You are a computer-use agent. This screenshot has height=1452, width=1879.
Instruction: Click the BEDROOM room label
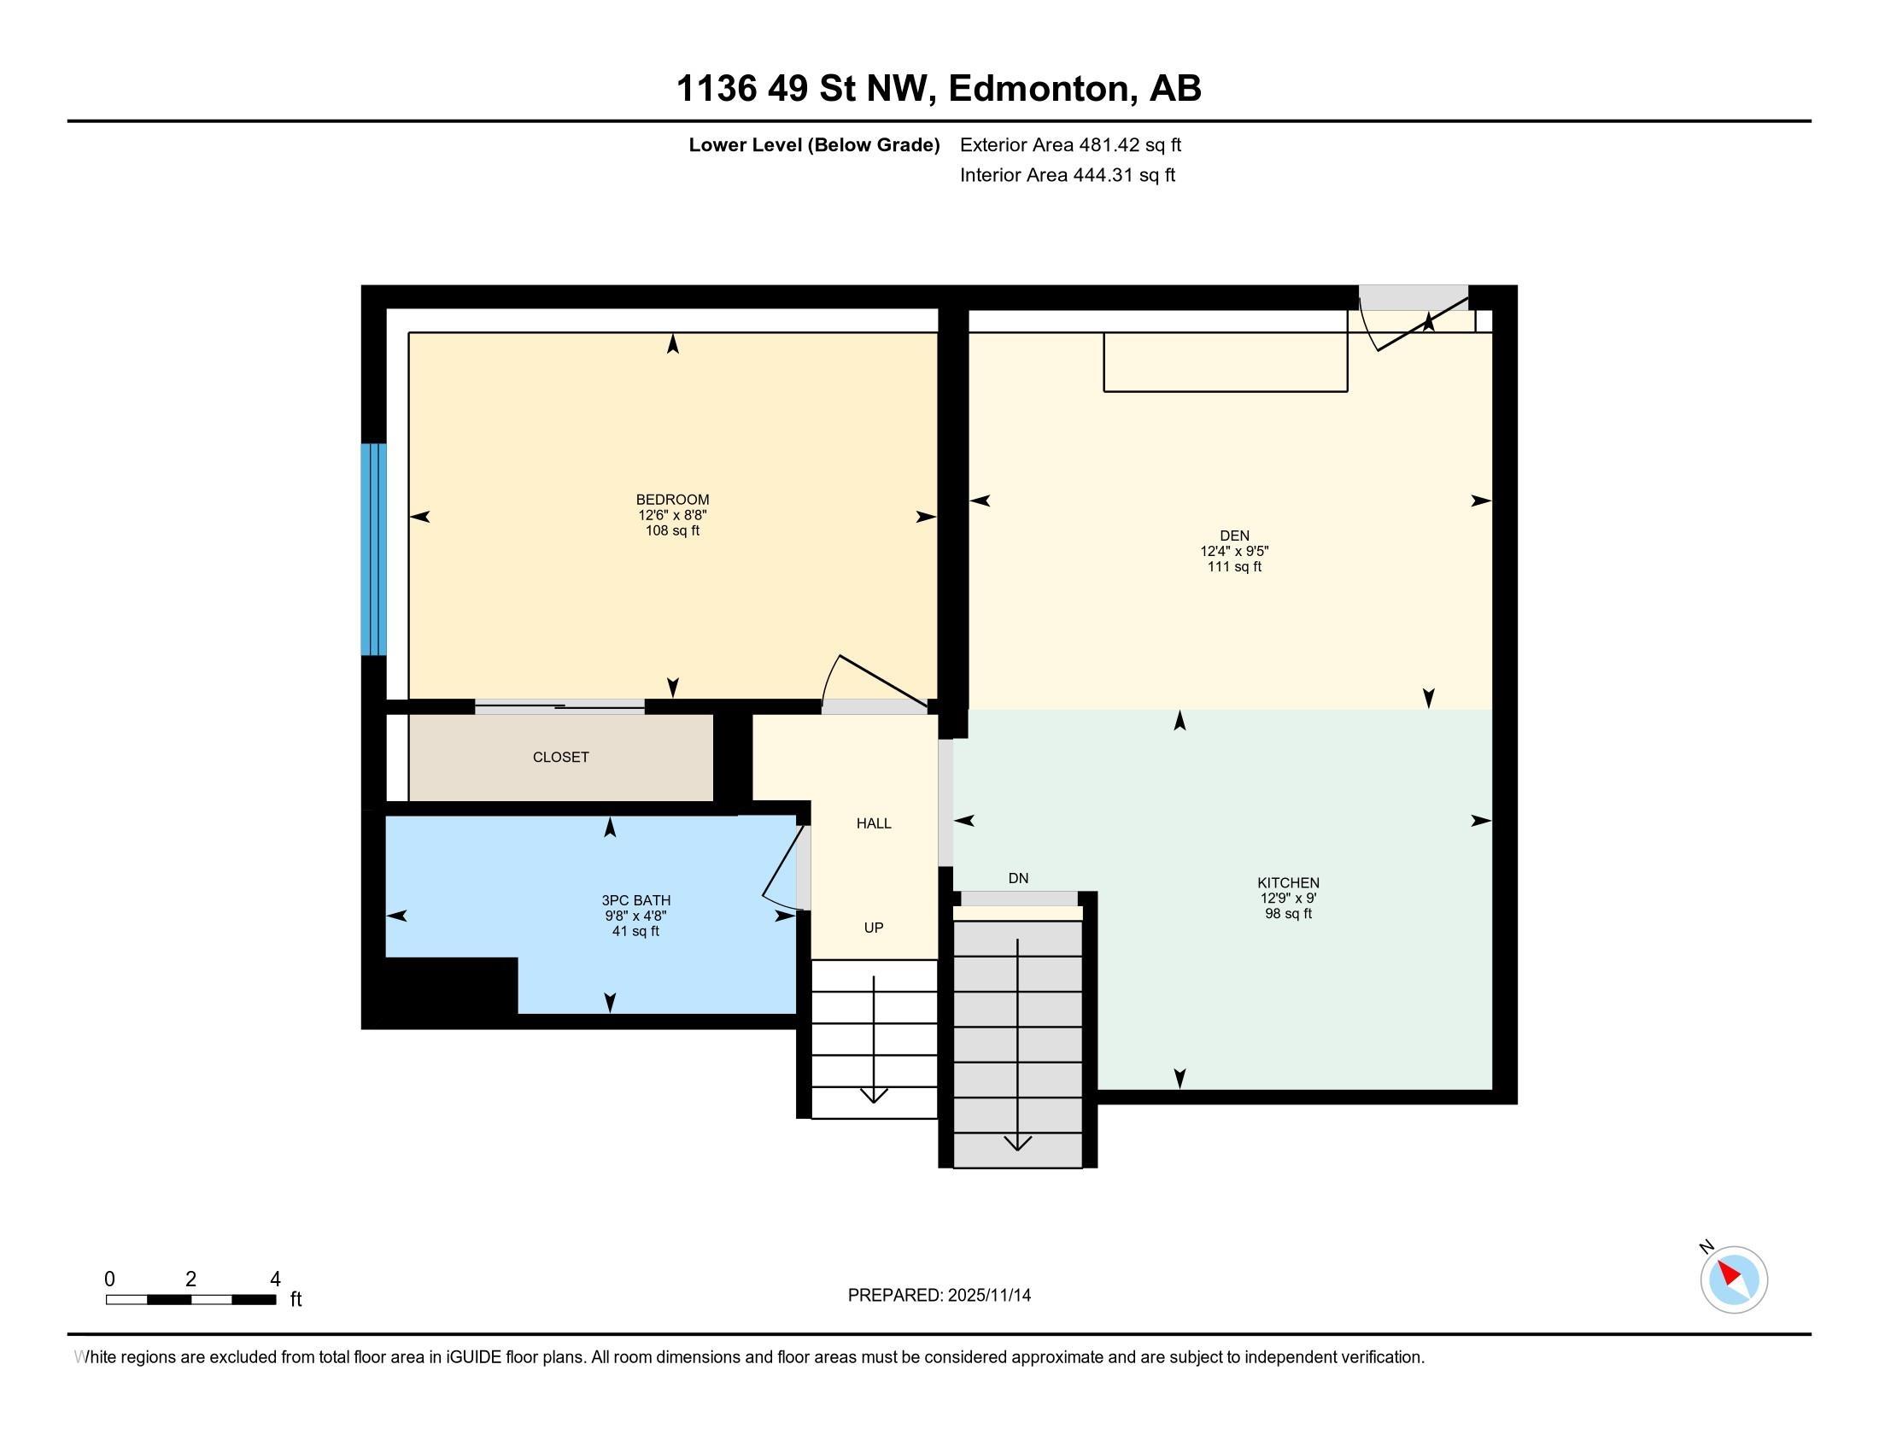point(672,499)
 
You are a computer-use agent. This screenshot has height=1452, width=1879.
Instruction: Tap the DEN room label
point(1234,535)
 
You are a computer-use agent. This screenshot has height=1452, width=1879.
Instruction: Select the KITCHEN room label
point(1288,882)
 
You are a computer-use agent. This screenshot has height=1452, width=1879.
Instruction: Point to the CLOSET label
point(560,757)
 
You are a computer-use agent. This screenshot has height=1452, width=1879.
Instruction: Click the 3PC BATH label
point(635,900)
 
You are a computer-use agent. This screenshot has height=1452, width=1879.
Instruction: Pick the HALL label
point(873,823)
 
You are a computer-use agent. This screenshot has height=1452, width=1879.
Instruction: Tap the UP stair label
point(873,928)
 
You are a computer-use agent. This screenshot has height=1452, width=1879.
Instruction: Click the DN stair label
point(1018,878)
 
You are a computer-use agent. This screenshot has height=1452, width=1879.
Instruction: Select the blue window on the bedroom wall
point(373,549)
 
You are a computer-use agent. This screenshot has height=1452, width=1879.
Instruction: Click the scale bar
point(191,1299)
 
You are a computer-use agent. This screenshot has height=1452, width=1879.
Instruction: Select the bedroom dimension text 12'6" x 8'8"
point(672,515)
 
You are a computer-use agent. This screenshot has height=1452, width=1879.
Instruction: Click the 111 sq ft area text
point(1234,567)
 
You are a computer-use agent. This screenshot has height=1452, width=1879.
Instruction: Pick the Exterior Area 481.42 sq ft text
point(1070,144)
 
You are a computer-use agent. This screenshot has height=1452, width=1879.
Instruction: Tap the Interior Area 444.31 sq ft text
point(1067,175)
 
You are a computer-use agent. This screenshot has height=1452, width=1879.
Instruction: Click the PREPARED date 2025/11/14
point(988,1295)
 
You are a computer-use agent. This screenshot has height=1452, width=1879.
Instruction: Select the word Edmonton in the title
point(1039,89)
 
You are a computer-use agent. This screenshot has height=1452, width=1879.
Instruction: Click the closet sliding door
point(559,707)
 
